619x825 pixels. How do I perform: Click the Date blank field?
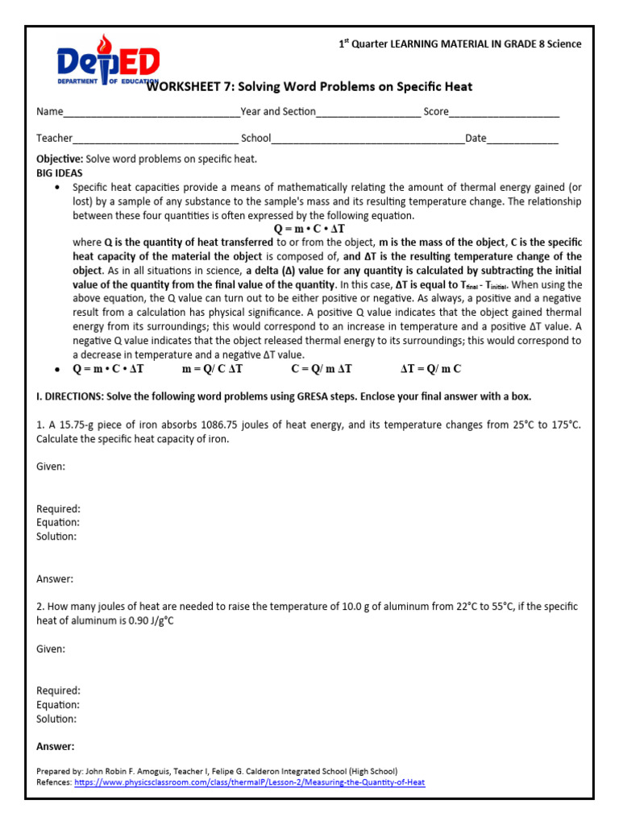click(x=523, y=139)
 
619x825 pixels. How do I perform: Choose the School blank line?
click(x=368, y=139)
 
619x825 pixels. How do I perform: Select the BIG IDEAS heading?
click(x=60, y=172)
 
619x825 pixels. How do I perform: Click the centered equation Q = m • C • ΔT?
click(x=309, y=230)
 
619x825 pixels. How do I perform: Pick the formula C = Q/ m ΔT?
click(x=322, y=369)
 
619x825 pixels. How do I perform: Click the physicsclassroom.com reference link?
click(x=250, y=782)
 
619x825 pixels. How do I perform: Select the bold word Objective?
click(x=60, y=159)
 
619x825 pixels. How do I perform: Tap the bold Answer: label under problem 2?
click(x=56, y=746)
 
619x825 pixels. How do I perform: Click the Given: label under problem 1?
click(x=51, y=466)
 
